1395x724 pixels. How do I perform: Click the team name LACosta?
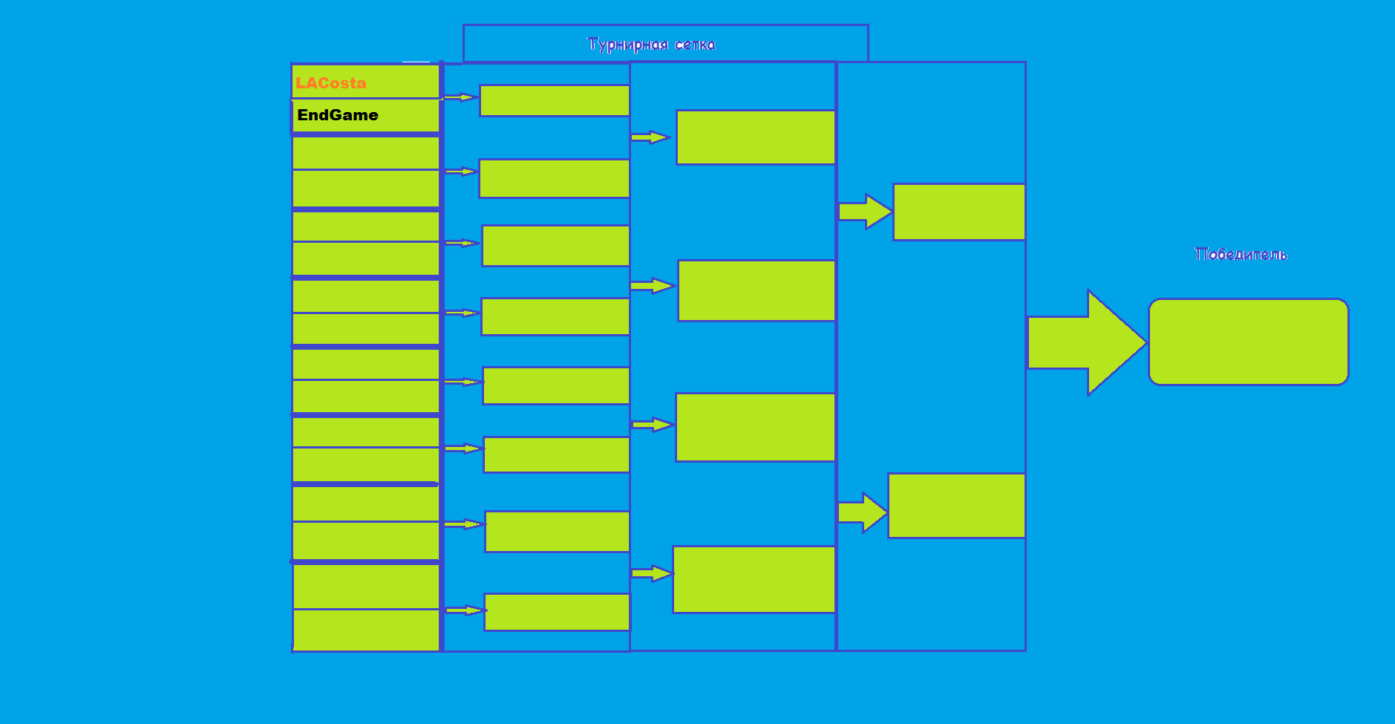(330, 83)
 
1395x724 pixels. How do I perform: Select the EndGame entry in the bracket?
(338, 115)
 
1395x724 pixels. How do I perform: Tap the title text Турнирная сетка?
(651, 45)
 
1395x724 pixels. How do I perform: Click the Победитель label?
(1241, 254)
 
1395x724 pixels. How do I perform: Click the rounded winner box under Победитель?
(1248, 342)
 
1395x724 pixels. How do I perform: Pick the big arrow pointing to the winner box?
(1087, 342)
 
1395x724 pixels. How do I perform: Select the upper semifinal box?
(959, 212)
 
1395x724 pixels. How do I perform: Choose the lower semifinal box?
(956, 505)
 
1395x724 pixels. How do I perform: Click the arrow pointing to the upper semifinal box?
(865, 212)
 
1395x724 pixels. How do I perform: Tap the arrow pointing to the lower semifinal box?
(863, 512)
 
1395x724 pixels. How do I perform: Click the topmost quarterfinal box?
(756, 137)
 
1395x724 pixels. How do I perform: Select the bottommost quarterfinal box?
(754, 579)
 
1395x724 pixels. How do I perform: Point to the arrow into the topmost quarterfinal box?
(650, 137)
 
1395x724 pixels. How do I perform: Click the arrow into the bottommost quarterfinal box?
(652, 573)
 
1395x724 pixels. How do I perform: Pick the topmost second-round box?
(555, 100)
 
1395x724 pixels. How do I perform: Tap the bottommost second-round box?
(557, 612)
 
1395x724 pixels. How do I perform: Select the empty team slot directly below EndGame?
(366, 152)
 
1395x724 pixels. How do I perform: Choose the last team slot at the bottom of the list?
(367, 630)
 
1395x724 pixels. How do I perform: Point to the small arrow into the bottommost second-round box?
(465, 610)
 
